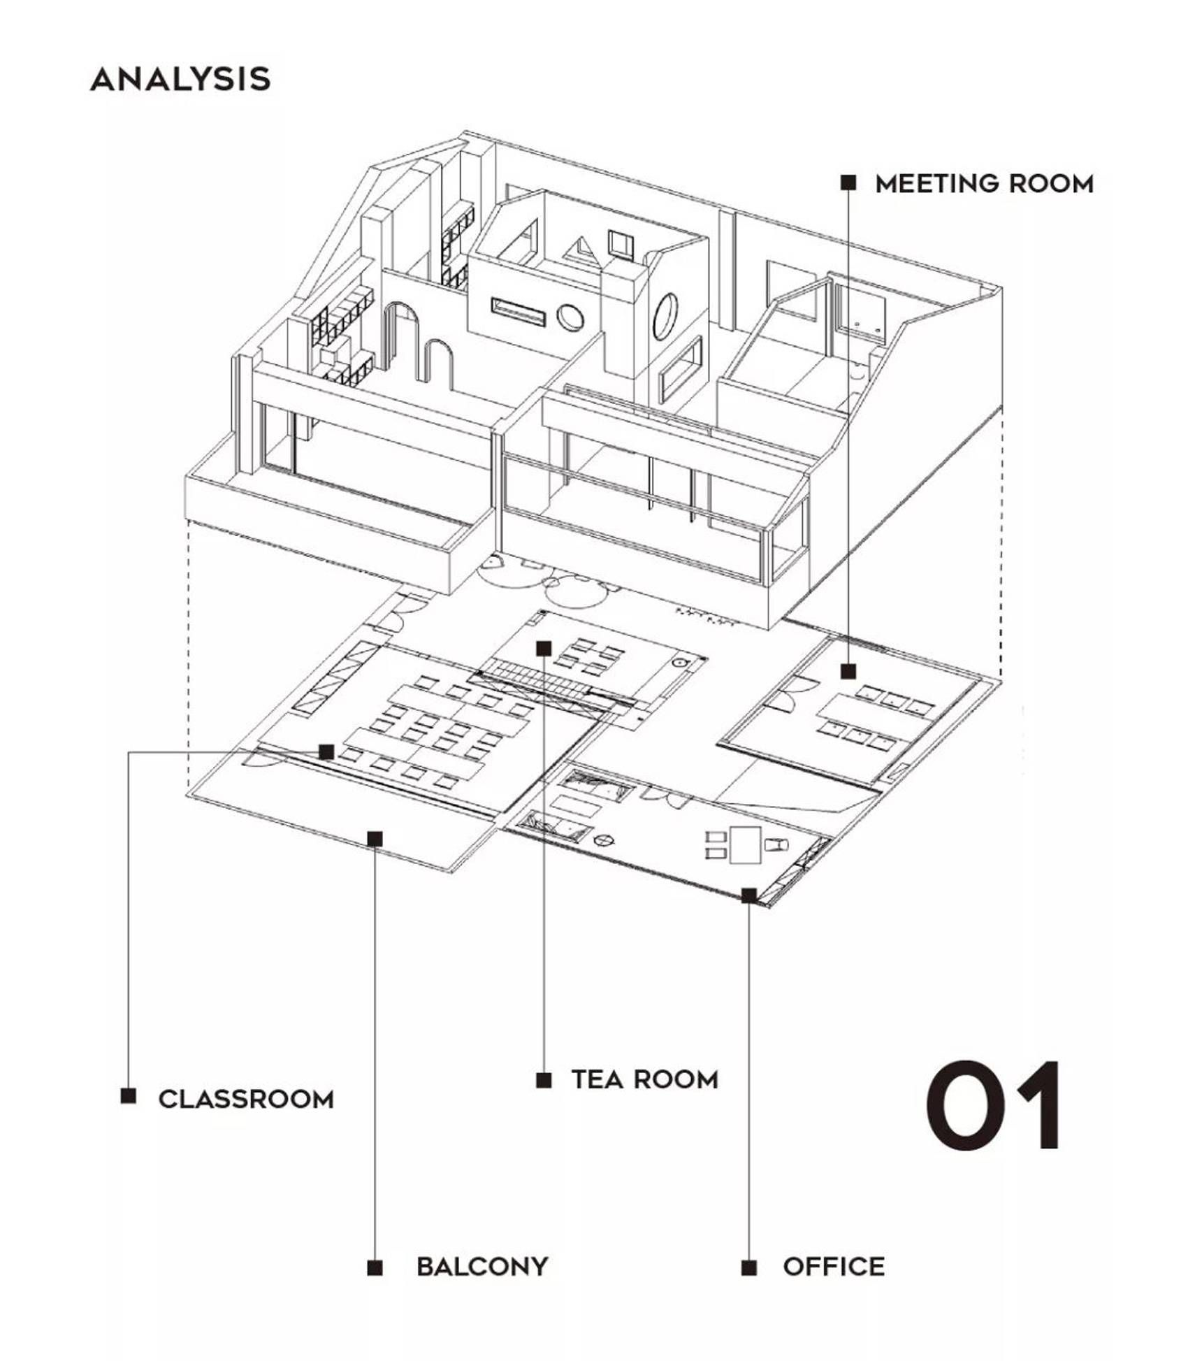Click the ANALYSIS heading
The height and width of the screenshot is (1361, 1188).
pos(180,79)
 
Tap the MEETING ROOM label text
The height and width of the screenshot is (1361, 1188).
pos(984,184)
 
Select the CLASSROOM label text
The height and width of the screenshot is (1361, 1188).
pos(246,1099)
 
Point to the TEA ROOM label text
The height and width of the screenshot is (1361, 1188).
pos(645,1079)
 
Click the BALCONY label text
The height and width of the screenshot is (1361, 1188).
pos(482,1267)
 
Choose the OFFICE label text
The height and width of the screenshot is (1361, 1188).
pos(834,1267)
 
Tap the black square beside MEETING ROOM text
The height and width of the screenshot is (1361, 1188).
pos(848,183)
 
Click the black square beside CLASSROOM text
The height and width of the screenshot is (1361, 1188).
pos(128,1095)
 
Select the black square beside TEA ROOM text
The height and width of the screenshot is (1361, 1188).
pos(544,1080)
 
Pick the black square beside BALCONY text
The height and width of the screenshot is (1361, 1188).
pos(375,1267)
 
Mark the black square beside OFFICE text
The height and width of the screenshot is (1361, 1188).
pos(749,1267)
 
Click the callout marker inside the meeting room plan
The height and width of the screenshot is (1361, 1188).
pos(848,672)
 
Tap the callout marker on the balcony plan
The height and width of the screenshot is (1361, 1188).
pos(375,838)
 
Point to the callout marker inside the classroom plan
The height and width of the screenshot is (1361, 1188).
pos(326,752)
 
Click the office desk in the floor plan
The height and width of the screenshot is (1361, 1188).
pos(745,844)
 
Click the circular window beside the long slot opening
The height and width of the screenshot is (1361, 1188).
pos(570,318)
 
